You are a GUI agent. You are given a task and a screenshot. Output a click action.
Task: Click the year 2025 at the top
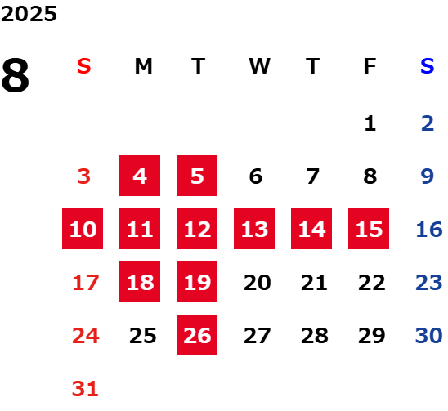tap(29, 14)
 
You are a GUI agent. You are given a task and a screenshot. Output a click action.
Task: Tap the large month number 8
tap(16, 75)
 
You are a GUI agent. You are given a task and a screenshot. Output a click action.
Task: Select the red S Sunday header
tap(84, 66)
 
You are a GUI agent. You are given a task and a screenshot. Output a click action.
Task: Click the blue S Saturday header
tap(428, 66)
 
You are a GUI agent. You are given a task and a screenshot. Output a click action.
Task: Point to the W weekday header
tap(259, 66)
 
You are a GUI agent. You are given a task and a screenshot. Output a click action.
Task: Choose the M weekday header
tap(143, 66)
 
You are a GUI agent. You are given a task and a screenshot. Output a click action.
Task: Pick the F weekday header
tap(370, 66)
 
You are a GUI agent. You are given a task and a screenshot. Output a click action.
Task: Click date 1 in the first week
tap(370, 123)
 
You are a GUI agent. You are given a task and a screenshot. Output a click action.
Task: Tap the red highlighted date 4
tap(140, 176)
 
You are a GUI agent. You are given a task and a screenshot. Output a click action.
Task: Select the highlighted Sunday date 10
tap(83, 229)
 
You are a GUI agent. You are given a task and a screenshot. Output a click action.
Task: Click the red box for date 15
tap(369, 229)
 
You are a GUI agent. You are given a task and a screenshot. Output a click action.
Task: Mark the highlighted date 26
tap(197, 335)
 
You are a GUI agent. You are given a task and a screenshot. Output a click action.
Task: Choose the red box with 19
tap(197, 282)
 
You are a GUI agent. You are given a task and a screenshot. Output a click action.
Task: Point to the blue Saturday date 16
tap(429, 230)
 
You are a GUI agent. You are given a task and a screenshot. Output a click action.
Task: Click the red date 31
tap(85, 389)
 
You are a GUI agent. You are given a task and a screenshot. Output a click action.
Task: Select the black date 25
tap(143, 336)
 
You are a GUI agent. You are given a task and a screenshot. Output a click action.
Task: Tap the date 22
tap(372, 283)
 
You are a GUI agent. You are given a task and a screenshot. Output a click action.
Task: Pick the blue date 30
tap(429, 336)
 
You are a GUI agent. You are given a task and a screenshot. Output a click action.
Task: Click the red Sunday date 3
tap(84, 176)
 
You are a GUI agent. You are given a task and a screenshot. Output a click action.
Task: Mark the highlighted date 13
tap(254, 229)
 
